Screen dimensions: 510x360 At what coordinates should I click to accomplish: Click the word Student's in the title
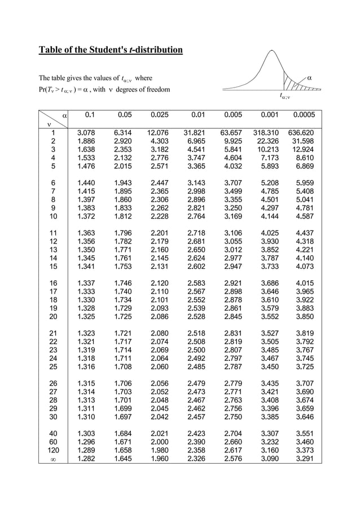click(x=108, y=50)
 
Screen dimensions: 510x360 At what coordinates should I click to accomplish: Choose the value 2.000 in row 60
click(x=159, y=441)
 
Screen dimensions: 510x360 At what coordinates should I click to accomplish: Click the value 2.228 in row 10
click(x=159, y=216)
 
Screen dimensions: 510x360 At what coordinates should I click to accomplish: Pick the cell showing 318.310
click(x=267, y=133)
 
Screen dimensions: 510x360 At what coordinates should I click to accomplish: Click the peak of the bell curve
click(x=269, y=52)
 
